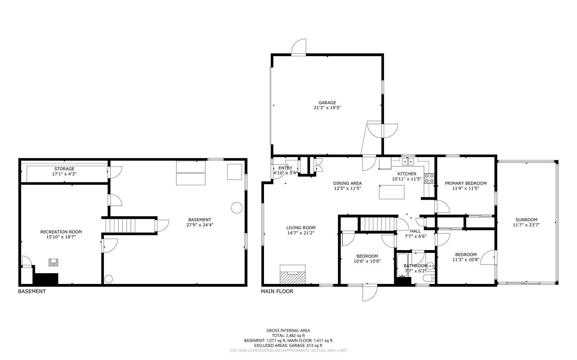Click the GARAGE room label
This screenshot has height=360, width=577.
tap(327, 103)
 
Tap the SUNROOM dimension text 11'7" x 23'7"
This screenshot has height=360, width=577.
tap(526, 225)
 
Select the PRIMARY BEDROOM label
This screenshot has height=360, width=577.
tap(466, 183)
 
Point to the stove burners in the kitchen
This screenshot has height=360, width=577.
tap(429, 178)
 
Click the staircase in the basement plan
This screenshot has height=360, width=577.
tap(129, 226)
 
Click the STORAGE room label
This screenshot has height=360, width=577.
tap(64, 169)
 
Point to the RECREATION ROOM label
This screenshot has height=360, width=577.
tap(61, 232)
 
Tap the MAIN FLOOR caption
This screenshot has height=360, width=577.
tap(277, 291)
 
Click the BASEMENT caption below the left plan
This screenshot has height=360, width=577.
tap(32, 291)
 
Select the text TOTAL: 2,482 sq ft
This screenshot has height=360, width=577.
tap(288, 335)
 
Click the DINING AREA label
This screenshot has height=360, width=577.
tap(347, 183)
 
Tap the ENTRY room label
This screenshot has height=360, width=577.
tap(285, 168)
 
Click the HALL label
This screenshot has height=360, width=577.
tap(415, 231)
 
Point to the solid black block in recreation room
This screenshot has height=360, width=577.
tap(46, 279)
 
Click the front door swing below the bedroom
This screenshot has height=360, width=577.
tap(370, 293)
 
